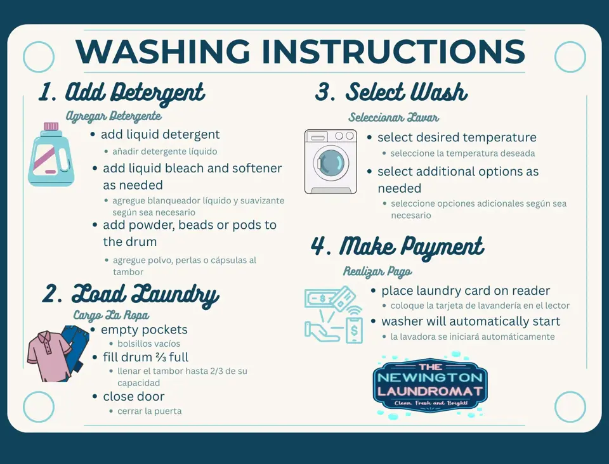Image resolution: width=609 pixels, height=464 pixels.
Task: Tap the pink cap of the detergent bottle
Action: click(x=51, y=127)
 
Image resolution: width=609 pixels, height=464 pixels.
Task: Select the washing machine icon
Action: click(x=331, y=162)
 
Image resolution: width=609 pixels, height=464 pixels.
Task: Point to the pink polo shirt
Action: click(x=48, y=356)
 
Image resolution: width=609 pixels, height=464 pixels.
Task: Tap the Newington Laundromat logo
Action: click(x=430, y=385)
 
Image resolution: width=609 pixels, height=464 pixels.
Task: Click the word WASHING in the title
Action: click(x=163, y=51)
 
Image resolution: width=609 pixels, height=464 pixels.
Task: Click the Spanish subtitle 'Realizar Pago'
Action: click(x=377, y=272)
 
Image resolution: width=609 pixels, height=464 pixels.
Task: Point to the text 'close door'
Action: click(x=134, y=397)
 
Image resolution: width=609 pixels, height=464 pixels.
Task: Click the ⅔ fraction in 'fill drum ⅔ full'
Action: click(x=160, y=357)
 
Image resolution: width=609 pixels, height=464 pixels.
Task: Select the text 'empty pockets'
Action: click(x=144, y=330)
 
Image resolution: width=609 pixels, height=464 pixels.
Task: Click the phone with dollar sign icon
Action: click(x=354, y=330)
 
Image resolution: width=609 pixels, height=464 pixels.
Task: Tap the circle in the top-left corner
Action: click(x=39, y=57)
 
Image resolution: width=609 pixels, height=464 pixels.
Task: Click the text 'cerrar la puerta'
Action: click(x=150, y=411)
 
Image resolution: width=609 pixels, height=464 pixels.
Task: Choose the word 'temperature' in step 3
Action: click(x=499, y=138)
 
